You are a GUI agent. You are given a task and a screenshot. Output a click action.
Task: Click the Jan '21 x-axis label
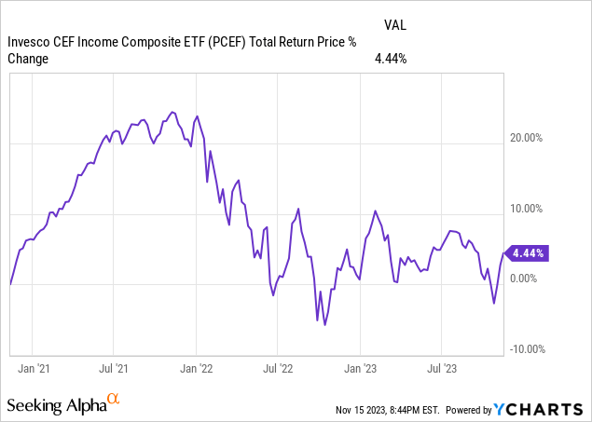pyautogui.click(x=34, y=367)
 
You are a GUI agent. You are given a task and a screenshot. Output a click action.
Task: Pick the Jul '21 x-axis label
pyautogui.click(x=113, y=367)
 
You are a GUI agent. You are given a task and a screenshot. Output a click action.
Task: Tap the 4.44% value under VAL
pyautogui.click(x=392, y=58)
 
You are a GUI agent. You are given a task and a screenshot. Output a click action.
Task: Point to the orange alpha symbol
pyautogui.click(x=114, y=401)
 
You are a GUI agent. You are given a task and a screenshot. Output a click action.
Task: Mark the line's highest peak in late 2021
pyautogui.click(x=172, y=112)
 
